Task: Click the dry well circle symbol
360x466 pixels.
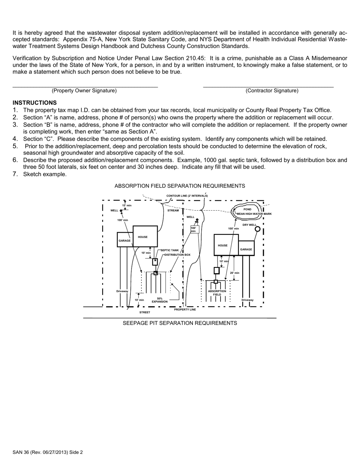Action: (x=257, y=229)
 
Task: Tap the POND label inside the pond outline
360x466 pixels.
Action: (x=247, y=210)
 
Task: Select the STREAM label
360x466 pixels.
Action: (x=173, y=210)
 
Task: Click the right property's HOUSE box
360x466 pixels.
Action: (x=226, y=245)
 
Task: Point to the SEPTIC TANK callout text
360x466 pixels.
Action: (x=170, y=250)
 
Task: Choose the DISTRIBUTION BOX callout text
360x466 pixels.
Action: (x=177, y=255)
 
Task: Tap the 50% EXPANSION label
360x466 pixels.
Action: (x=160, y=300)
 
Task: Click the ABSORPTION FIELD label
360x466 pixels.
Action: (x=217, y=293)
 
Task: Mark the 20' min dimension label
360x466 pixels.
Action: (x=235, y=273)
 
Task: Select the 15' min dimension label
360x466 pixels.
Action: (x=127, y=205)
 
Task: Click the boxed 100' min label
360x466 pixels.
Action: (x=194, y=229)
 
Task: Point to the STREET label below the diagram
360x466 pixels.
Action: (x=145, y=313)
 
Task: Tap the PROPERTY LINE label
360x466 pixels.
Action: (x=185, y=310)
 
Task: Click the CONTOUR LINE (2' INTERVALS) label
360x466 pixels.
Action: (x=187, y=195)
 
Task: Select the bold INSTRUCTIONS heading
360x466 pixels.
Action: (x=35, y=103)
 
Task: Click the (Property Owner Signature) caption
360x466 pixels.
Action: (x=84, y=91)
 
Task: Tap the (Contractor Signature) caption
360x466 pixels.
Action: (x=272, y=91)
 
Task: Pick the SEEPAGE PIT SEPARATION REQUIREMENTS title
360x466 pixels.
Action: (x=180, y=323)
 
